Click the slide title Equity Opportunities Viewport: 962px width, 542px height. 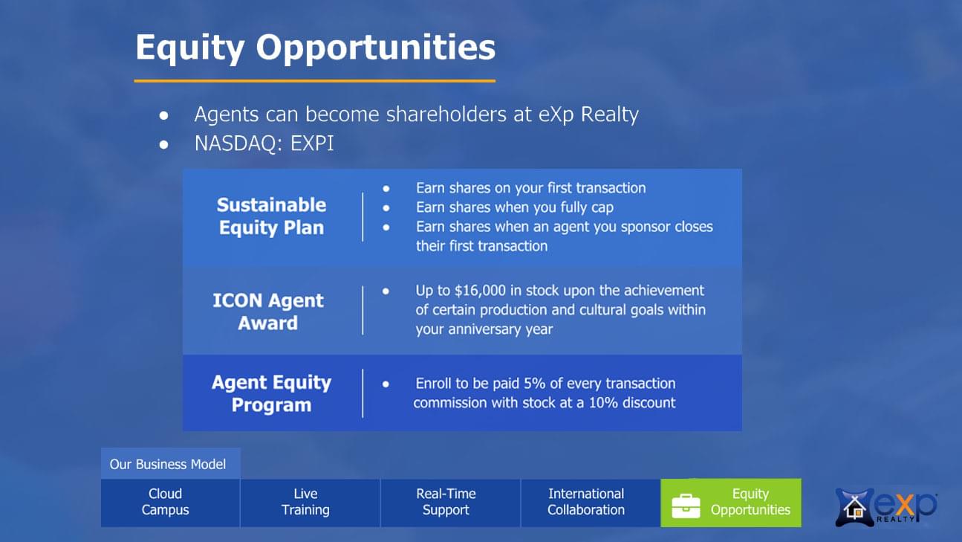click(316, 48)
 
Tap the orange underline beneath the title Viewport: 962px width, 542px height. click(315, 81)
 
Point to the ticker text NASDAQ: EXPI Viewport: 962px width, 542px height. click(264, 143)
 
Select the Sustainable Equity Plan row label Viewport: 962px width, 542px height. click(271, 216)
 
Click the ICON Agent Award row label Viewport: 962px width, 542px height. click(268, 312)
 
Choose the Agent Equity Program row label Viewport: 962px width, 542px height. click(271, 393)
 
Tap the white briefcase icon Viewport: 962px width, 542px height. click(686, 506)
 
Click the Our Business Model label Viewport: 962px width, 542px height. click(167, 464)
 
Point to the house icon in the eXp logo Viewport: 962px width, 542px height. click(854, 508)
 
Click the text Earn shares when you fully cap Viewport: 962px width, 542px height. click(515, 207)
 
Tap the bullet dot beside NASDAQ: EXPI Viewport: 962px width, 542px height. click(163, 144)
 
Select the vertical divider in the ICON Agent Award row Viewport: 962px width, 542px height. click(363, 310)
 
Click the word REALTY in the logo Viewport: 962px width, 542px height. click(895, 519)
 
